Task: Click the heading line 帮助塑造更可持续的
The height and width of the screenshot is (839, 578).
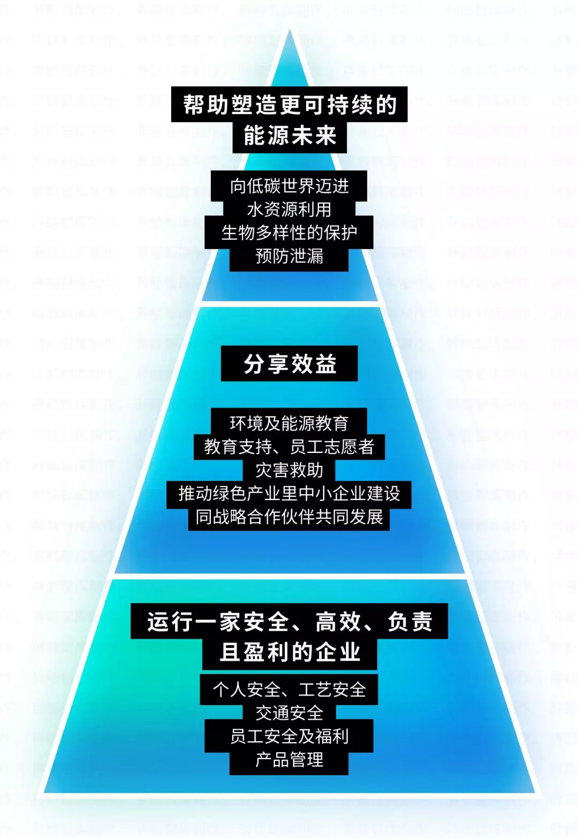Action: pyautogui.click(x=290, y=104)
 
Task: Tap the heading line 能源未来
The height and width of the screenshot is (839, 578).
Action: pyautogui.click(x=290, y=136)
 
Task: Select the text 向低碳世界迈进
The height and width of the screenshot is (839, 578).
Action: pyautogui.click(x=289, y=186)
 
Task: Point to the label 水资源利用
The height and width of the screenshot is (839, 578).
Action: pyautogui.click(x=289, y=209)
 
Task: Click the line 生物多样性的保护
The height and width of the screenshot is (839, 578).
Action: pyautogui.click(x=289, y=233)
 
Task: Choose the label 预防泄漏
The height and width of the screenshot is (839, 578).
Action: pyautogui.click(x=289, y=256)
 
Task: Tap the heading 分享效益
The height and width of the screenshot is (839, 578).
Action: pyautogui.click(x=290, y=364)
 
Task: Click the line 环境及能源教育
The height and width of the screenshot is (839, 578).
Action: pyautogui.click(x=289, y=424)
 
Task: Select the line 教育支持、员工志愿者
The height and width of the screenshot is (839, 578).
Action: pyautogui.click(x=289, y=447)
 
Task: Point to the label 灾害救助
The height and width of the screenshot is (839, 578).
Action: pyautogui.click(x=289, y=470)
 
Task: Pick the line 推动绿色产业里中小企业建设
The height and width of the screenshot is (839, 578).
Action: pyautogui.click(x=289, y=493)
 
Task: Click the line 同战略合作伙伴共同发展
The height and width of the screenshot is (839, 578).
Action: pyautogui.click(x=289, y=517)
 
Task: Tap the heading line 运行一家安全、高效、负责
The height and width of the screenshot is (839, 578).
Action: pyautogui.click(x=290, y=622)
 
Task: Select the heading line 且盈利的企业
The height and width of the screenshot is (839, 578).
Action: pyautogui.click(x=290, y=653)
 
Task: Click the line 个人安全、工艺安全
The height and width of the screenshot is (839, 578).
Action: pyautogui.click(x=289, y=690)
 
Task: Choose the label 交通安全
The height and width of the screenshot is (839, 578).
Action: pyautogui.click(x=289, y=713)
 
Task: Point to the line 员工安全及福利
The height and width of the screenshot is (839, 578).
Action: pyautogui.click(x=289, y=736)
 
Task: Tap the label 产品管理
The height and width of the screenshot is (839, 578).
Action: pyautogui.click(x=289, y=760)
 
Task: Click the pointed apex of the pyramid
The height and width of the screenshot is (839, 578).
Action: pyautogui.click(x=290, y=31)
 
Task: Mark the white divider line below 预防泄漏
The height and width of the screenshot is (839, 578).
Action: pyautogui.click(x=290, y=304)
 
